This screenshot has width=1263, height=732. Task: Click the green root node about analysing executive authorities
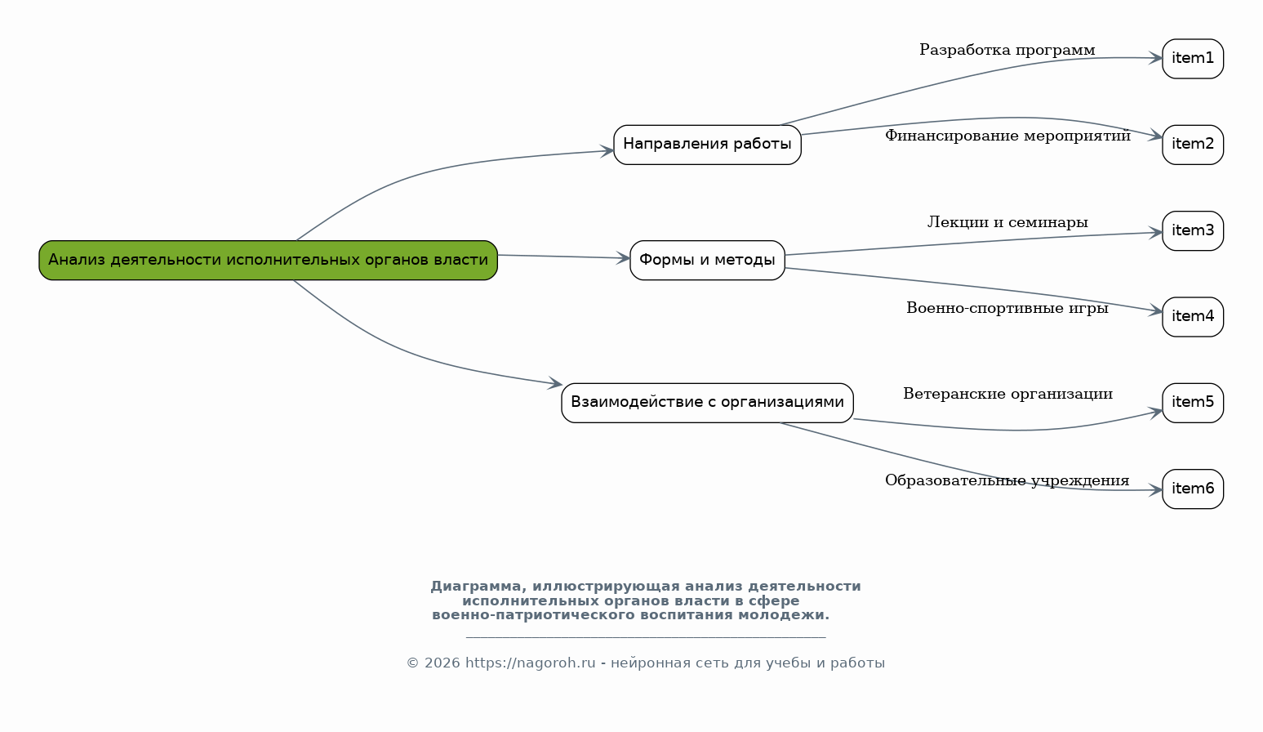click(268, 260)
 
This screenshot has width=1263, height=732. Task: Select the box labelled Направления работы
click(707, 145)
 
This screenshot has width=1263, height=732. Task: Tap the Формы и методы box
click(707, 260)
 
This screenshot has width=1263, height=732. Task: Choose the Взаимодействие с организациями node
click(707, 403)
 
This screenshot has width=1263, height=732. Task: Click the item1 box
click(1192, 59)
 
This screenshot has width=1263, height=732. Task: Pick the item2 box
click(1192, 145)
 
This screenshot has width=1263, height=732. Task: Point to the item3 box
click(1192, 230)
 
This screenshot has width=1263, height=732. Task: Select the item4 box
click(1192, 317)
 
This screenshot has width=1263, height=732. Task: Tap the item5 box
click(1192, 403)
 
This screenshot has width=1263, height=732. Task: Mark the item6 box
click(1192, 489)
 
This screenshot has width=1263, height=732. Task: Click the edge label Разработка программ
click(1007, 51)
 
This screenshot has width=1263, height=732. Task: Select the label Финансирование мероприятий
click(1007, 136)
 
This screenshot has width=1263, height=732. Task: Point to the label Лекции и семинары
click(1007, 222)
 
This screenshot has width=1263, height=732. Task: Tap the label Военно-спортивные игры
click(1007, 309)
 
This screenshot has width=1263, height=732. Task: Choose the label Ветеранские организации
click(1007, 395)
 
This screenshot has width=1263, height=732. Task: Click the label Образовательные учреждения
click(1007, 481)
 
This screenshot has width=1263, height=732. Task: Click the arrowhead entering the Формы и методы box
click(625, 258)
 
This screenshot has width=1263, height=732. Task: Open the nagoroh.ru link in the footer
click(530, 663)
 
